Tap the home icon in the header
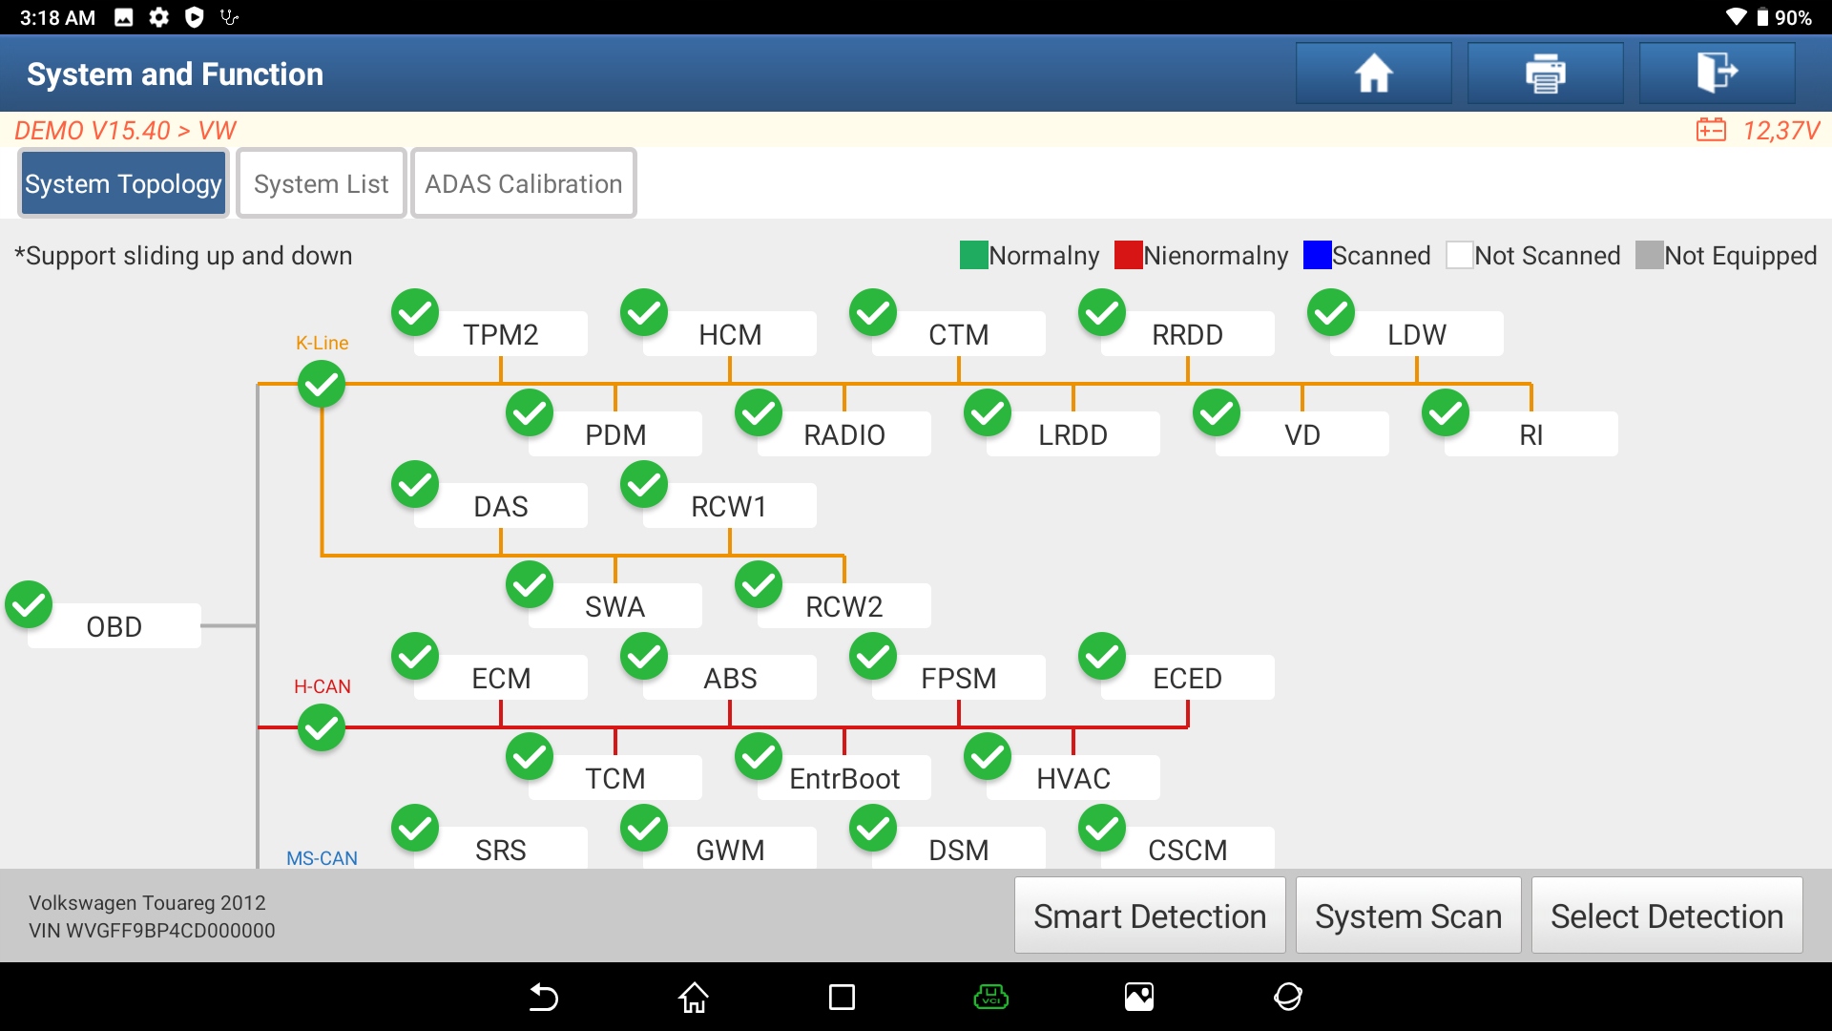(x=1373, y=74)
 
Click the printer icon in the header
(x=1545, y=74)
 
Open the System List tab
(x=322, y=183)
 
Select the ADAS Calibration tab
(x=523, y=183)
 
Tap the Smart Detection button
(x=1149, y=916)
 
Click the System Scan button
(x=1407, y=916)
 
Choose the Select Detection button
(x=1666, y=916)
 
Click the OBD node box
(x=114, y=626)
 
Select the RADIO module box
(x=843, y=434)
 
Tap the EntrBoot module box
(x=843, y=778)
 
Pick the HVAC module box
(x=1072, y=778)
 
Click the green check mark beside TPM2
(x=415, y=312)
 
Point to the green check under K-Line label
(x=322, y=385)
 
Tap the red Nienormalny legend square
(x=1128, y=255)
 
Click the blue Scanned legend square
(x=1317, y=255)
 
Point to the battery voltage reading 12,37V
(x=1780, y=130)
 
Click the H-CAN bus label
(x=322, y=686)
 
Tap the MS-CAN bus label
(x=322, y=857)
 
